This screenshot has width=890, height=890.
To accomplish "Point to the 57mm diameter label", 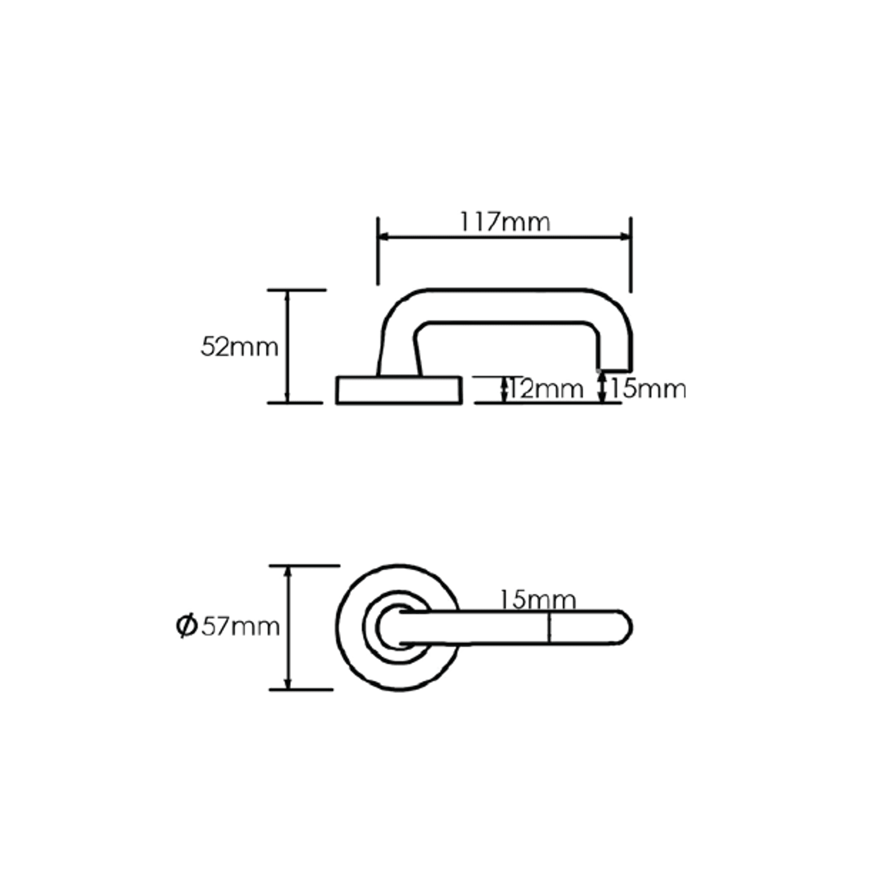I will [241, 627].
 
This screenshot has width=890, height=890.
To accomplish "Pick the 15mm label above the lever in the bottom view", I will [537, 600].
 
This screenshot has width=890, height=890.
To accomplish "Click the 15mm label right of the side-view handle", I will [648, 389].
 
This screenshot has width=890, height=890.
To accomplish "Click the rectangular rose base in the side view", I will [398, 390].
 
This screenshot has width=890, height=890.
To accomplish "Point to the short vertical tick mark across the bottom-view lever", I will [550, 628].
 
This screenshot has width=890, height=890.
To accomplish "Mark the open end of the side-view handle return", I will [615, 370].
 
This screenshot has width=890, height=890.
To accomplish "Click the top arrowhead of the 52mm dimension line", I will [287, 295].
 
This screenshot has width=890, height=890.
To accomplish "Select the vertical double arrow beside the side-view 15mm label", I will [602, 387].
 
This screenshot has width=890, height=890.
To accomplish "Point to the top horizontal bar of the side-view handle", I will [504, 306].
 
